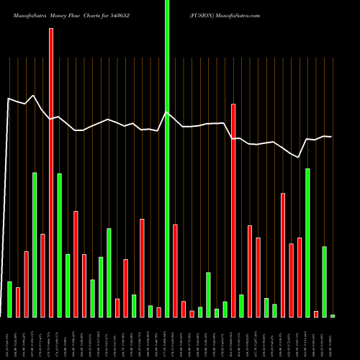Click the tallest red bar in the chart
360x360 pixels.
[51, 173]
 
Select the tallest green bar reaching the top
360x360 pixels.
[167, 158]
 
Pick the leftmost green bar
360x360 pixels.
[9, 299]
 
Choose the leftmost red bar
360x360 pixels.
[18, 302]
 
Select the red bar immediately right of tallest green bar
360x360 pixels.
[175, 271]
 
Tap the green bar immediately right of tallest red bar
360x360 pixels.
[59, 245]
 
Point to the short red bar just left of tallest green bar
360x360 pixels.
[158, 312]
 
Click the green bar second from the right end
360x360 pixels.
[324, 282]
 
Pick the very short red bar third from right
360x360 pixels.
[316, 313]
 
